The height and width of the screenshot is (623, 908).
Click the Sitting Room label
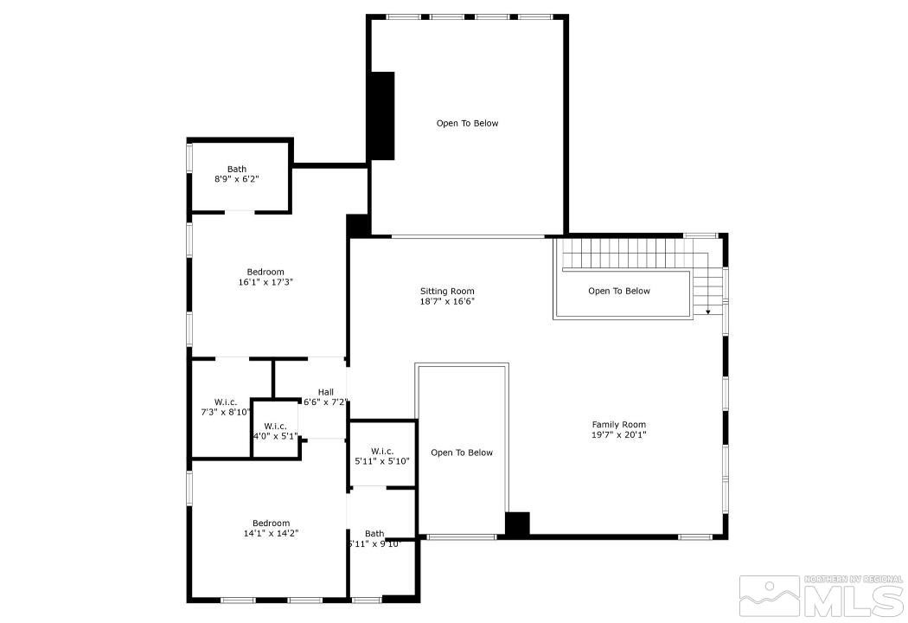[447, 291]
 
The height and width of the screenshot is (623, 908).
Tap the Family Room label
[618, 424]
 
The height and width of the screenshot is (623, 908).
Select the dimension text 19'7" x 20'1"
[618, 435]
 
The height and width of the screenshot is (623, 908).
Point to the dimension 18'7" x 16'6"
[447, 301]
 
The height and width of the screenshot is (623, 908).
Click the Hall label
[325, 392]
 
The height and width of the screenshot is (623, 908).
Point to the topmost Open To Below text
[467, 123]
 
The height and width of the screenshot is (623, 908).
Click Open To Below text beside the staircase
[618, 291]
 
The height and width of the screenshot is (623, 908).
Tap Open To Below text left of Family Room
[462, 453]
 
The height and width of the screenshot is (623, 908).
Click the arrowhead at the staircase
[708, 311]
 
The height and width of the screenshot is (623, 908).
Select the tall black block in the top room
[381, 115]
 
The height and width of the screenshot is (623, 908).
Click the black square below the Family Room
[517, 524]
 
